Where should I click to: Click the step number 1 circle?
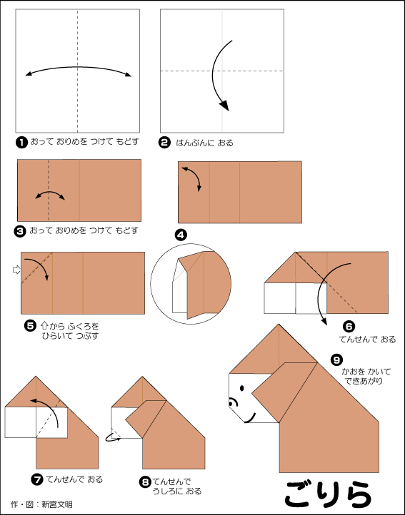[x=21, y=143]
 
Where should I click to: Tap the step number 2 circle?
[x=164, y=143]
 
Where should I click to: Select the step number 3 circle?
[x=20, y=231]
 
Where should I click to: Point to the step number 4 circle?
[x=181, y=235]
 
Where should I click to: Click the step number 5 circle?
[x=30, y=326]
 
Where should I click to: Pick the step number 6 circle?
[x=349, y=326]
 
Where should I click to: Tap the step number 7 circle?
[x=37, y=479]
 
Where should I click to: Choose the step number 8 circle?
[x=145, y=481]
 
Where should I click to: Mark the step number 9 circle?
[x=336, y=360]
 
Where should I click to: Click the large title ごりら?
[x=329, y=494]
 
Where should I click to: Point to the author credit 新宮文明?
[x=57, y=504]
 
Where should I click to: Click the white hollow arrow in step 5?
[x=16, y=270]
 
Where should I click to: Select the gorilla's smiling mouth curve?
[x=251, y=419]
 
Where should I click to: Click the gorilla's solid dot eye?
[x=242, y=388]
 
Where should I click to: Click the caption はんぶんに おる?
[x=204, y=143]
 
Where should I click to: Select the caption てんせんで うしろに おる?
[x=176, y=486]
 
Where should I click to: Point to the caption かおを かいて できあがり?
[x=366, y=377]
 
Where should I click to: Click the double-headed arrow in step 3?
[x=50, y=192]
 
